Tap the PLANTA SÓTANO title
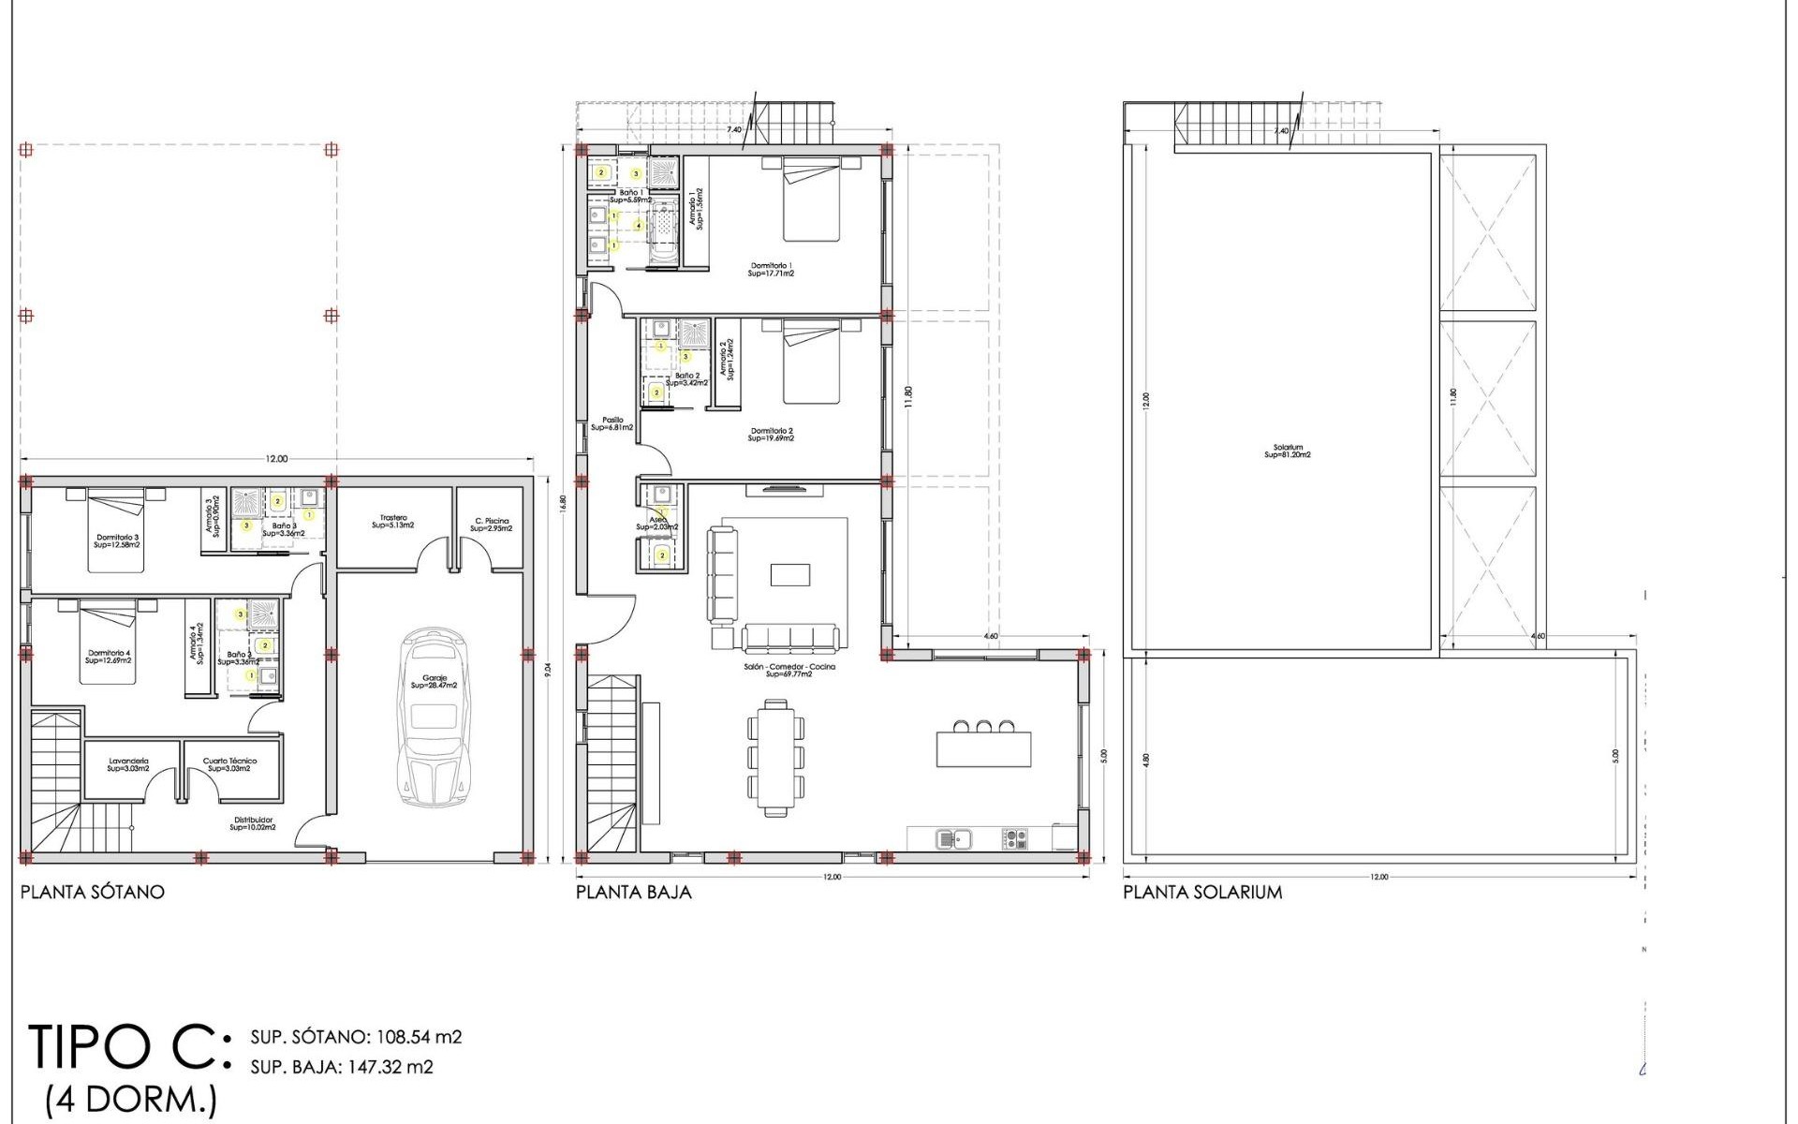coord(92,892)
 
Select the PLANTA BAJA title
coord(633,892)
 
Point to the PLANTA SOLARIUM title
coord(1202,892)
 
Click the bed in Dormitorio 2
coord(811,363)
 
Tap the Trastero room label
coord(393,521)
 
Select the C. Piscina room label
coord(491,525)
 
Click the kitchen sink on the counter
coord(954,837)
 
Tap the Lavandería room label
coord(128,764)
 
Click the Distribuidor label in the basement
coord(253,822)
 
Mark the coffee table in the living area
coord(789,573)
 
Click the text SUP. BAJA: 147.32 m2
coord(342,1067)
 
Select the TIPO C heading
coord(126,1046)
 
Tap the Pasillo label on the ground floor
coord(612,423)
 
